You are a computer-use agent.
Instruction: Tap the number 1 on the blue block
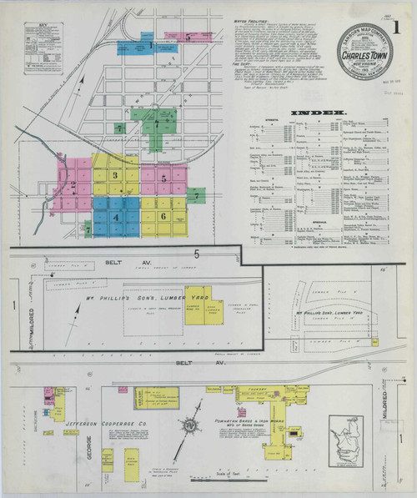click(x=149, y=47)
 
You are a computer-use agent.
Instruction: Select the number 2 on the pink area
click(x=73, y=184)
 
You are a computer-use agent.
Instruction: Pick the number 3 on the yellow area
click(x=115, y=176)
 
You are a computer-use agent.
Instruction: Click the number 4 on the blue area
click(x=116, y=218)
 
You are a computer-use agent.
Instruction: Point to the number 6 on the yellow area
click(x=163, y=216)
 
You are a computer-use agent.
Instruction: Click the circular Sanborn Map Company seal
click(x=362, y=52)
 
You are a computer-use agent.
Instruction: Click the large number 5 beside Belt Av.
click(x=197, y=252)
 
